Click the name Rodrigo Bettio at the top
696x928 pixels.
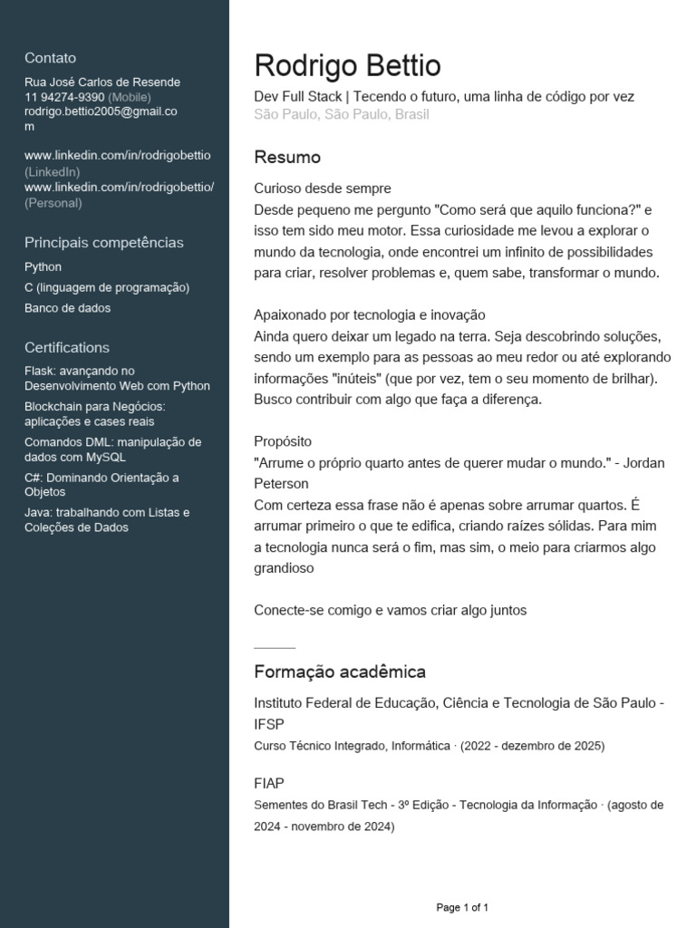tap(347, 66)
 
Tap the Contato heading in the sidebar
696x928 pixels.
tap(50, 58)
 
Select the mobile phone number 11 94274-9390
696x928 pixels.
tap(64, 97)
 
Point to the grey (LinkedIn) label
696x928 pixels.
tap(52, 171)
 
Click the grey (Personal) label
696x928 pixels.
tap(53, 203)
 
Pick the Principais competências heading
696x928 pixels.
tap(103, 243)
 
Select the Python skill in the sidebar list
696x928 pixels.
tap(43, 267)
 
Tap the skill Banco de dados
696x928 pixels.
tap(67, 308)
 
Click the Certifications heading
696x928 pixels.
tap(66, 348)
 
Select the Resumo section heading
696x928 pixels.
tap(287, 158)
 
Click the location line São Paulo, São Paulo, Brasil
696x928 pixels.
tap(342, 114)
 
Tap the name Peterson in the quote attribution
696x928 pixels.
tap(281, 484)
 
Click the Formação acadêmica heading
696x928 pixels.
tap(339, 672)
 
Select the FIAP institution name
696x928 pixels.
tap(269, 783)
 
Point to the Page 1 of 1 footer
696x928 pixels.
tap(462, 907)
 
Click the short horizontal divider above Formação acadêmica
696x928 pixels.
tap(275, 648)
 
